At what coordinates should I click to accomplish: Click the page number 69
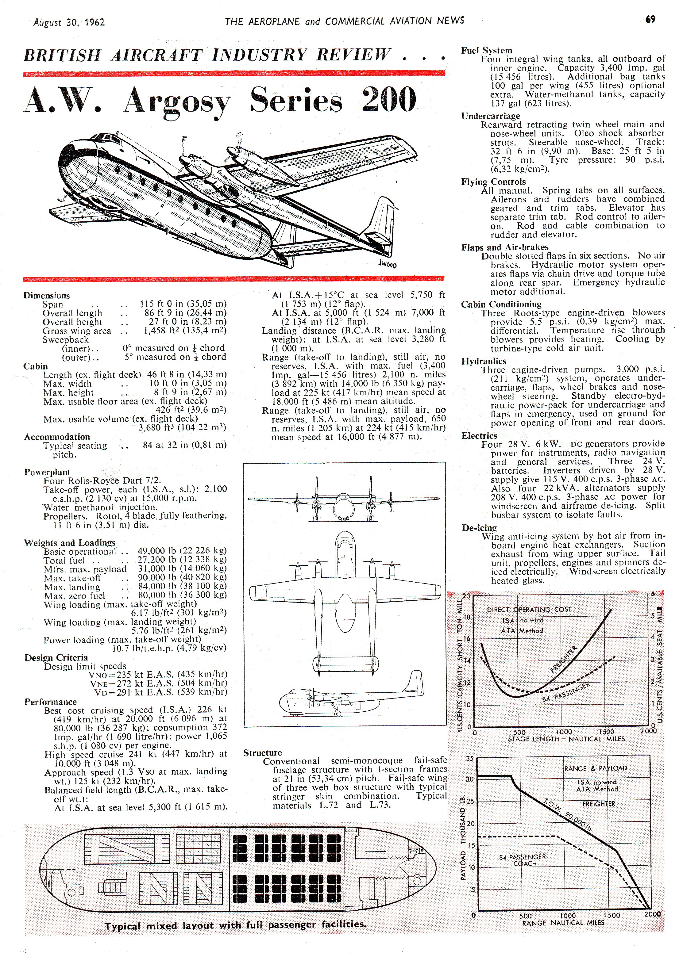click(650, 19)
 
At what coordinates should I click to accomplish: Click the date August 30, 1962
click(69, 22)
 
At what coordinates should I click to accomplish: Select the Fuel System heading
click(486, 50)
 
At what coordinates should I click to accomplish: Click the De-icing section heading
click(479, 527)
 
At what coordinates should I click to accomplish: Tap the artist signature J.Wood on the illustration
click(387, 264)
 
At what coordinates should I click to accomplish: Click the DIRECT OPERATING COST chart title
click(529, 609)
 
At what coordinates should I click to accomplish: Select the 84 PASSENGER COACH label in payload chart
click(522, 860)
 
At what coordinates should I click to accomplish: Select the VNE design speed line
click(158, 683)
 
